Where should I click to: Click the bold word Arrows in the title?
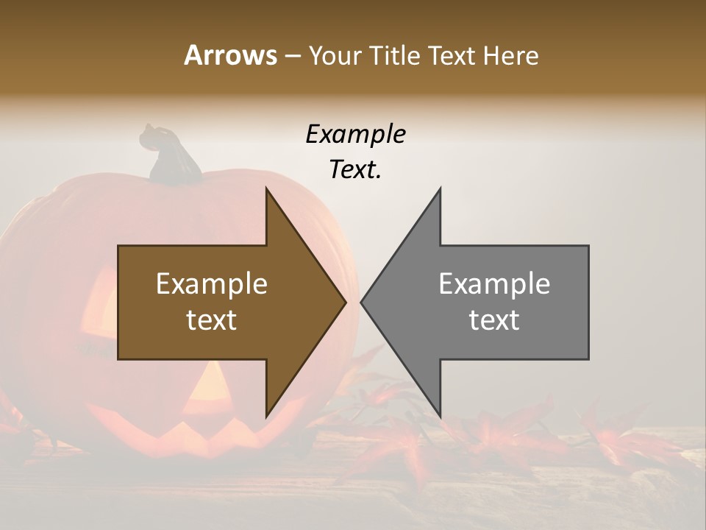[230, 55]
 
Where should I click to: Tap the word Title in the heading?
[395, 55]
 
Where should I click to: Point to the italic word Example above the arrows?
[355, 134]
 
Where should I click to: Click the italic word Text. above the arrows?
[355, 169]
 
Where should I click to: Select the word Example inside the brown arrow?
[212, 283]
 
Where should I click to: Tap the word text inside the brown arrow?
[212, 320]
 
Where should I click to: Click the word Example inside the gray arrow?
[494, 283]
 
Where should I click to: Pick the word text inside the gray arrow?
[494, 320]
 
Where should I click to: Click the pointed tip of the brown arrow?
[344, 301]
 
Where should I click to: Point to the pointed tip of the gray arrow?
[363, 301]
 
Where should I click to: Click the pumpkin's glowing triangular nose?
[210, 383]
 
